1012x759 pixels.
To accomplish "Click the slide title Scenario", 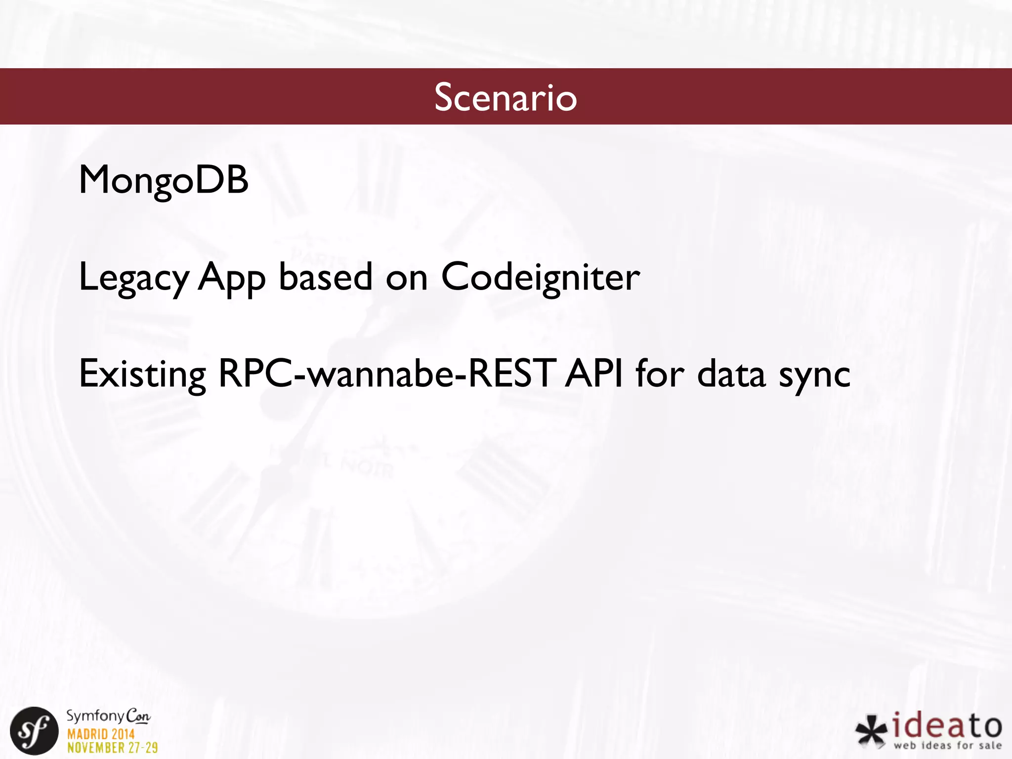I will point(506,97).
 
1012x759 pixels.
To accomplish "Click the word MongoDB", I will point(164,180).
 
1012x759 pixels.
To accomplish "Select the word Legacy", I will point(133,278).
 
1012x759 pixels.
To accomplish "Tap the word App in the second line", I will point(231,278).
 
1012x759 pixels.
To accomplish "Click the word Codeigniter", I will point(540,278).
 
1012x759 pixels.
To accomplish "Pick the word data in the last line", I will point(731,375).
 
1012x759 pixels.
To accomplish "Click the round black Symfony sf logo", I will point(34,731).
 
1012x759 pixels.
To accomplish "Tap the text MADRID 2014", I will point(101,734).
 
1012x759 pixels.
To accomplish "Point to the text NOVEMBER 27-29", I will point(113,748).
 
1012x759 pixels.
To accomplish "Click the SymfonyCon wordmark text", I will point(108,716).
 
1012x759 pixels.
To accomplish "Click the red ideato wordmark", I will point(947,725).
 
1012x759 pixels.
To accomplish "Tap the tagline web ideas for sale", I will point(947,745).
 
